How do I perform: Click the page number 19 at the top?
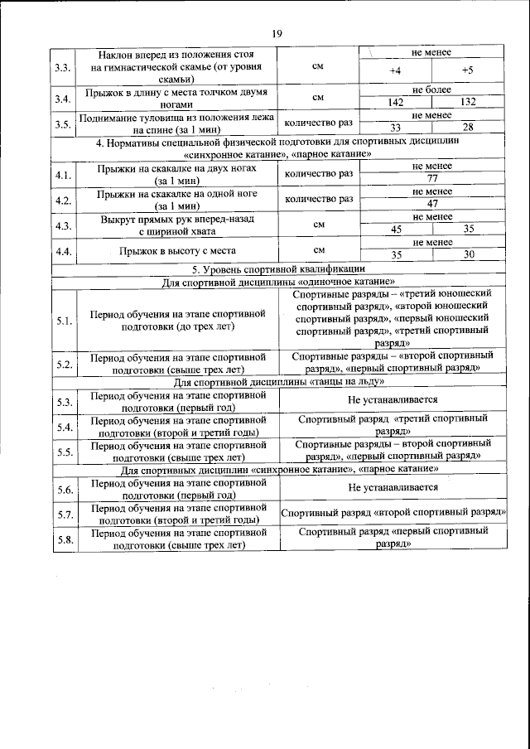(x=277, y=33)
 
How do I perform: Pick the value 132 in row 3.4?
(x=468, y=102)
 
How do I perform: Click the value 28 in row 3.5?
(x=468, y=127)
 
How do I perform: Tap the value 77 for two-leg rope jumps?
(x=431, y=178)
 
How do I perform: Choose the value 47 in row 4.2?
(x=431, y=203)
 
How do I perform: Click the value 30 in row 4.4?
(x=468, y=254)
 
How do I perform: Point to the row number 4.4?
(x=63, y=249)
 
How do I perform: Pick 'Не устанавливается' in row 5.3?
(x=393, y=399)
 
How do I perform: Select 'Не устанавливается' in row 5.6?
(x=393, y=487)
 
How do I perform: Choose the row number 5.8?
(x=63, y=539)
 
